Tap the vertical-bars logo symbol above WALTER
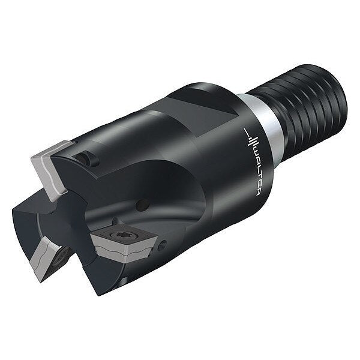click(250, 139)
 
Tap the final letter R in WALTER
click(258, 193)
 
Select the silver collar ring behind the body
click(264, 128)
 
